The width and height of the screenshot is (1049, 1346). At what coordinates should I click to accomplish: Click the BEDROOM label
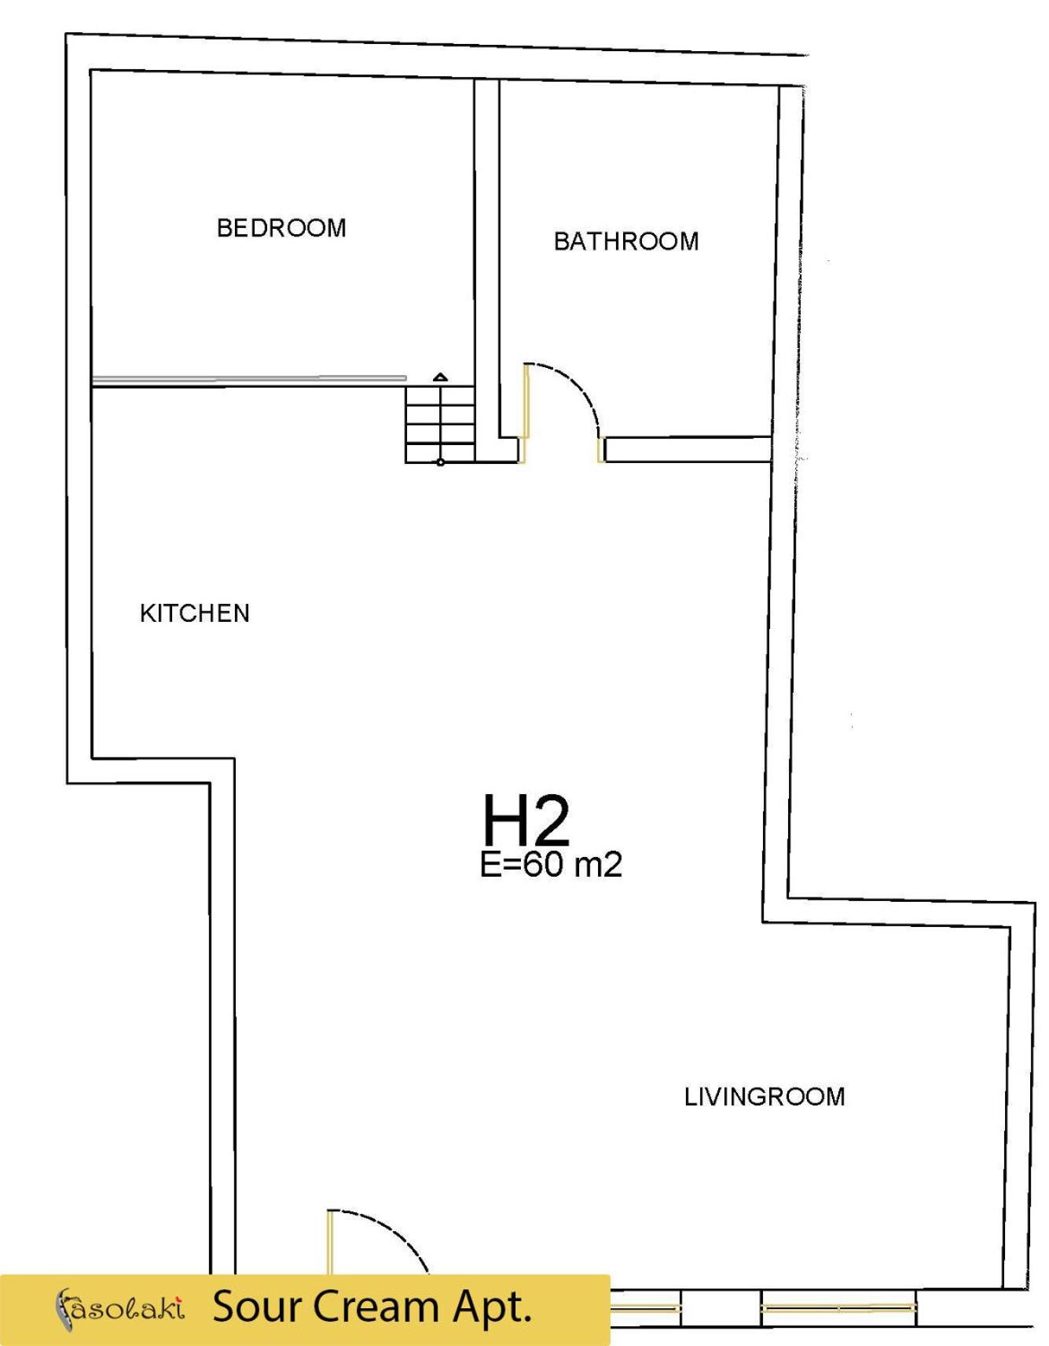(x=281, y=228)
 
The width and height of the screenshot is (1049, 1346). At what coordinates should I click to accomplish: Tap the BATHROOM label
(x=626, y=241)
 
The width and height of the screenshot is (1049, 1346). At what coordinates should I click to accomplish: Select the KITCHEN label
(x=195, y=613)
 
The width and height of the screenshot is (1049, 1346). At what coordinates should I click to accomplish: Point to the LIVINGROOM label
(x=765, y=1097)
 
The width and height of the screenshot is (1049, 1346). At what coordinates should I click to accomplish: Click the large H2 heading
(x=526, y=820)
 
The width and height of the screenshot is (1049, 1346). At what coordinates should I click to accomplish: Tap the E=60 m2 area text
(x=551, y=864)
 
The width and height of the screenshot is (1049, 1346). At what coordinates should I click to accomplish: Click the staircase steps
(x=440, y=424)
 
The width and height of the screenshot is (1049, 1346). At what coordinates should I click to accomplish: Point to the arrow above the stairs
(x=441, y=377)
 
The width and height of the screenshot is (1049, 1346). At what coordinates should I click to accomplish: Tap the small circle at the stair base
(x=441, y=462)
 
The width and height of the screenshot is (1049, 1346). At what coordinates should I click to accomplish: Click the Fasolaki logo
(x=119, y=1309)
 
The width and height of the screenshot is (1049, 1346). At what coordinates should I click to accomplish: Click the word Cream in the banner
(x=373, y=1307)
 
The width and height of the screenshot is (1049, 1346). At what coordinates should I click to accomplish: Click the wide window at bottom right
(x=838, y=1308)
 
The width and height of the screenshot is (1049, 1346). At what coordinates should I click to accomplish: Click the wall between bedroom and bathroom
(x=487, y=259)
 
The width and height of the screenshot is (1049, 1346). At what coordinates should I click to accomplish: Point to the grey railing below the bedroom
(x=249, y=381)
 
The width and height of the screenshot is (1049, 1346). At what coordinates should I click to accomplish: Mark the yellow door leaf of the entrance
(x=330, y=1242)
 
